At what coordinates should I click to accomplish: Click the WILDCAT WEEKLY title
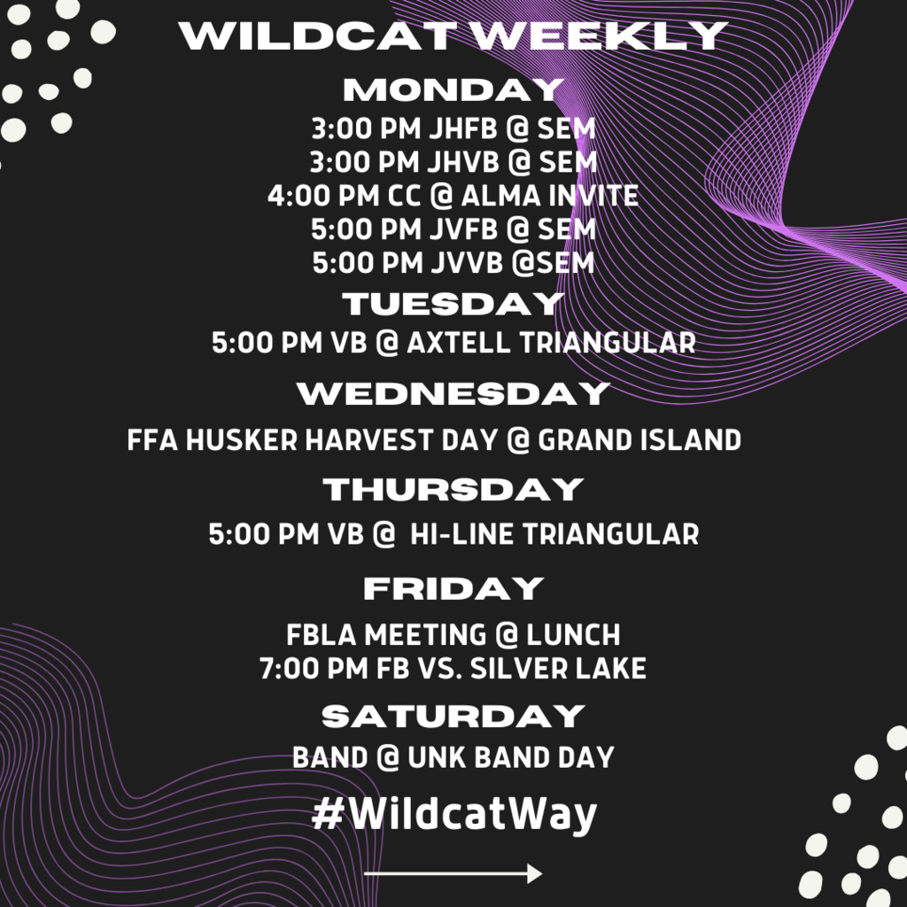[x=453, y=35]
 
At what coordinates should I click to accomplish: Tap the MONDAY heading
[x=453, y=90]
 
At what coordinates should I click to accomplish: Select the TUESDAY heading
[x=453, y=304]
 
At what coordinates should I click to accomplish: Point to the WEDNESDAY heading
[x=453, y=393]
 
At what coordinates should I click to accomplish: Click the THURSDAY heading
[x=453, y=489]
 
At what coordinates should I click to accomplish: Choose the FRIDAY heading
[x=453, y=588]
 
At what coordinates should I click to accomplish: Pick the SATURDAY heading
[x=453, y=716]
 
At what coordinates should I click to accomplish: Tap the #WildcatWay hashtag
[x=454, y=815]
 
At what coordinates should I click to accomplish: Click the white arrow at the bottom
[x=453, y=873]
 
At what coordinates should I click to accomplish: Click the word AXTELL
[x=459, y=343]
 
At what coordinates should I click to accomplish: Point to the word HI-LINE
[x=461, y=533]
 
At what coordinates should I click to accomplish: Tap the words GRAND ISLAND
[x=640, y=439]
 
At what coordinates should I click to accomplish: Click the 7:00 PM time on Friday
[x=314, y=668]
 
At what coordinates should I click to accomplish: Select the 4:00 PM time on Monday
[x=322, y=196]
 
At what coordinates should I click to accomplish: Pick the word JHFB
[x=463, y=128]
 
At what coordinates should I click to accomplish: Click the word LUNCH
[x=573, y=634]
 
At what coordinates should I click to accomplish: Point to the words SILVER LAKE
[x=558, y=668]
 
